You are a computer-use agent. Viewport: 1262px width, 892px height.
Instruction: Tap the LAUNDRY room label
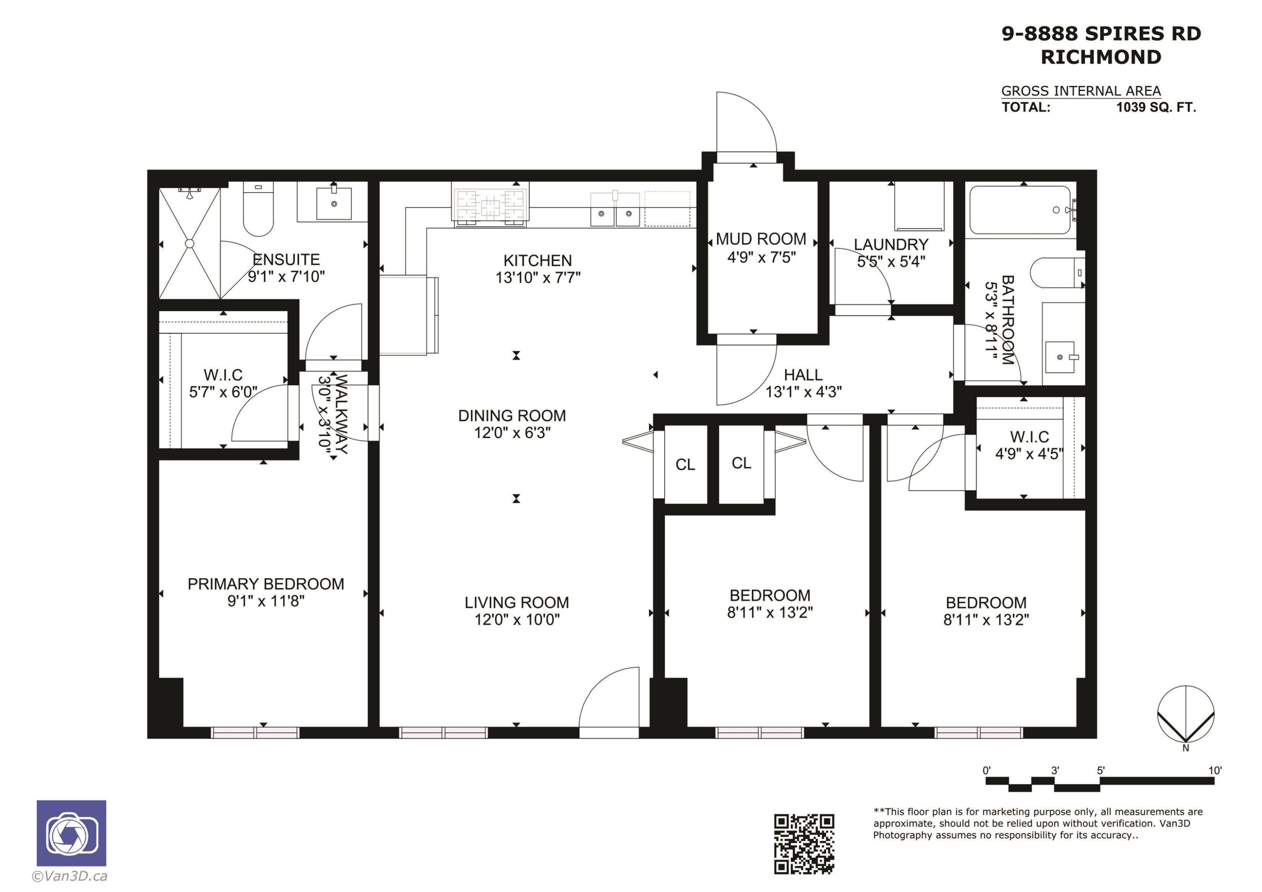[x=891, y=245]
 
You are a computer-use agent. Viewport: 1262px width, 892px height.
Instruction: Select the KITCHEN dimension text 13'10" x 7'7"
[x=538, y=278]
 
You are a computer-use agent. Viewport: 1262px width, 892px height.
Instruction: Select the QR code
[x=804, y=844]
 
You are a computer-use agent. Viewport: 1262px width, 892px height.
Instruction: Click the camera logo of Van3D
[x=72, y=833]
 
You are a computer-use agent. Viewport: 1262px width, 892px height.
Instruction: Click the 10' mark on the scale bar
[x=1215, y=770]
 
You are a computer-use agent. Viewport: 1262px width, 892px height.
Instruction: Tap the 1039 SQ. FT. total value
[x=1156, y=107]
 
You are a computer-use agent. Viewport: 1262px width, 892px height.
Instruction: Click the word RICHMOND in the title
[x=1101, y=57]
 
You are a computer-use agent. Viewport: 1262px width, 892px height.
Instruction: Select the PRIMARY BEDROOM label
[x=266, y=584]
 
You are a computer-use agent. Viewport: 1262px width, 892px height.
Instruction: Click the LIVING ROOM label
[x=517, y=602]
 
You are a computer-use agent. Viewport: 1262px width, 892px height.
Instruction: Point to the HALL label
[x=803, y=375]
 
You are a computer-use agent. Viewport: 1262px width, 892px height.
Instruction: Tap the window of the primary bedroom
[x=255, y=733]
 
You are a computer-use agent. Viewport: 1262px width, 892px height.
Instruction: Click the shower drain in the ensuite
[x=190, y=244]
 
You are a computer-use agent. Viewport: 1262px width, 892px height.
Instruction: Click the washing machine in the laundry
[x=919, y=206]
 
